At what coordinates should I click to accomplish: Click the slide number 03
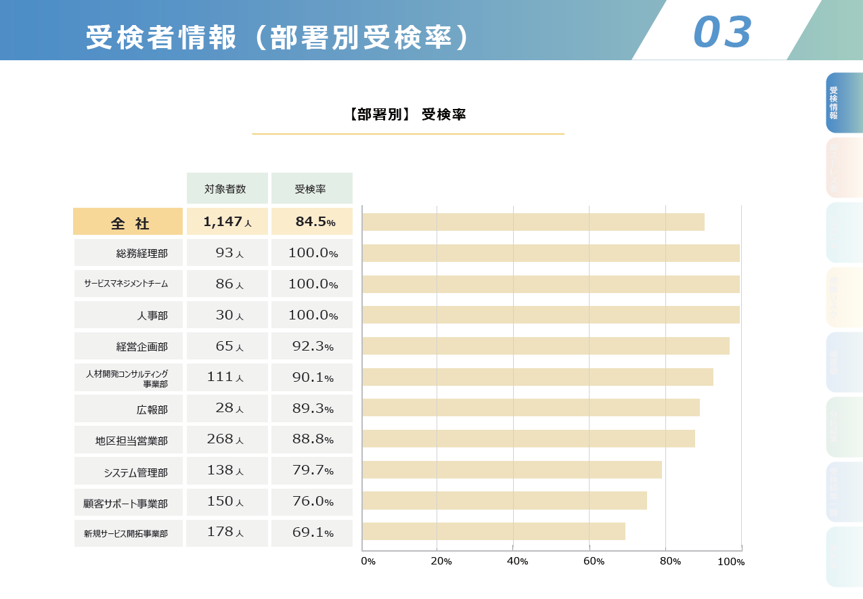722,32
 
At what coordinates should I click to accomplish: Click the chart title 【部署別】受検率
407,114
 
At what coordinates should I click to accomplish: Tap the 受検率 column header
311,189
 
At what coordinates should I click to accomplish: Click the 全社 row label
128,222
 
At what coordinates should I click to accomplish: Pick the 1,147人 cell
227,221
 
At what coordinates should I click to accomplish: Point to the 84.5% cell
312,221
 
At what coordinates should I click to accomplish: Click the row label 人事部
152,315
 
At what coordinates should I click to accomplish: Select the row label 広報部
152,409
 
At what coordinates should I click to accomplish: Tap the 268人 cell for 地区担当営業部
226,439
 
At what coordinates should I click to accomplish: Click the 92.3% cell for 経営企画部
312,347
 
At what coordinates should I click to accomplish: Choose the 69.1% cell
312,533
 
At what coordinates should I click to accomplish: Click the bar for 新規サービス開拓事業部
493,531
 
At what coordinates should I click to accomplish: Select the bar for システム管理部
512,470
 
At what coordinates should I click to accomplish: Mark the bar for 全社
533,222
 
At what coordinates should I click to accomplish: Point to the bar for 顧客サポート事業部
504,500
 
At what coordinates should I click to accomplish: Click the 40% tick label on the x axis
517,561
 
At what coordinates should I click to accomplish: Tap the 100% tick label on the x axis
731,562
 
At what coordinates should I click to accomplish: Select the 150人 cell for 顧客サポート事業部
226,502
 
